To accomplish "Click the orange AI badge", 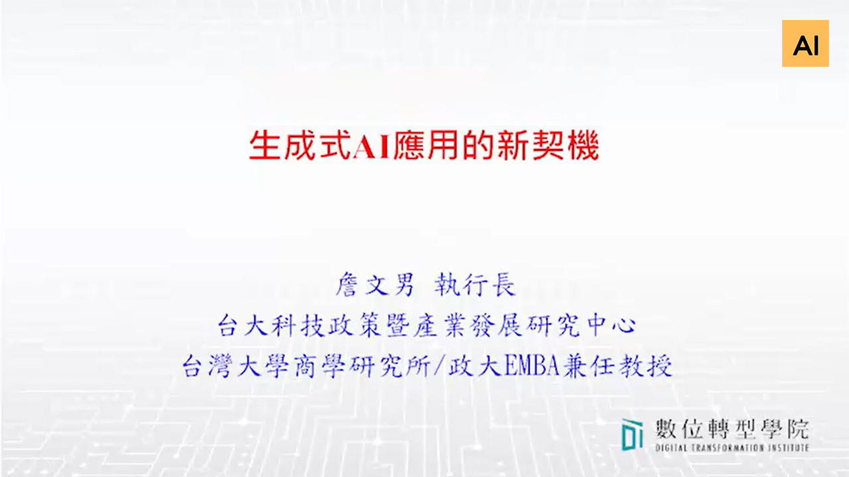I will pyautogui.click(x=805, y=44).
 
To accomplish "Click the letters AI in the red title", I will pyautogui.click(x=372, y=146).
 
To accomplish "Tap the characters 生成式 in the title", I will pyautogui.click(x=299, y=146).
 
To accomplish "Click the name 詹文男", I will pyautogui.click(x=375, y=286).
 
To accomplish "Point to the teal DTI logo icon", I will pyautogui.click(x=632, y=435).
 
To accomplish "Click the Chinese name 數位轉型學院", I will pyautogui.click(x=732, y=429).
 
